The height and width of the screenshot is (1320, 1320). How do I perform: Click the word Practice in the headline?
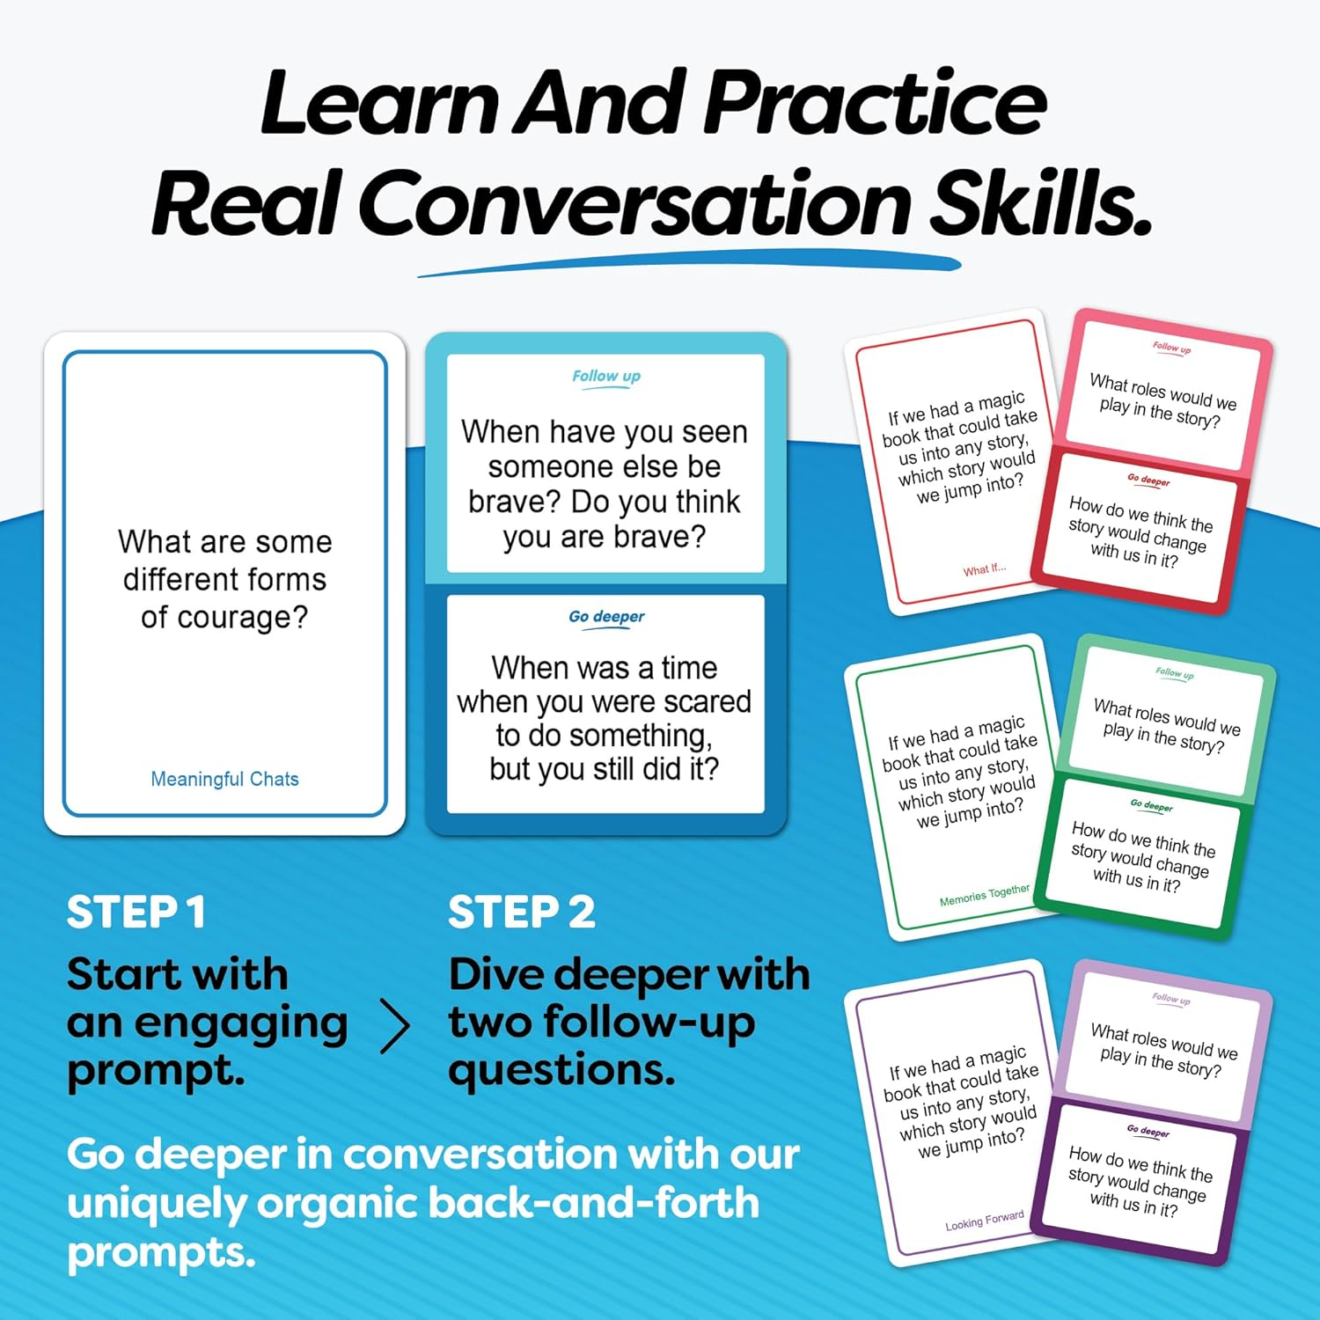(x=876, y=104)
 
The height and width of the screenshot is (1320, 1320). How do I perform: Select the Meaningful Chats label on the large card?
(x=224, y=779)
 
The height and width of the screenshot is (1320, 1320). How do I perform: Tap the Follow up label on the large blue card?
(x=606, y=377)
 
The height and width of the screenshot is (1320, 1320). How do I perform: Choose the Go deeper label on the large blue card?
(x=606, y=617)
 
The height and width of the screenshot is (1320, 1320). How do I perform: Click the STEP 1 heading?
(x=136, y=913)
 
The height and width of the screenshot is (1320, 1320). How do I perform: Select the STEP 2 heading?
(x=521, y=913)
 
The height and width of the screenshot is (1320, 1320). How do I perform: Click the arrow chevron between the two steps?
(x=395, y=1027)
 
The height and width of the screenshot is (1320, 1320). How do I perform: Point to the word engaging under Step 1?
(x=240, y=1023)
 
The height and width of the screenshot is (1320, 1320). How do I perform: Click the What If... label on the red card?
(x=984, y=569)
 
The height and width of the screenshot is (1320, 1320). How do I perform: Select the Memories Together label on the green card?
(x=984, y=895)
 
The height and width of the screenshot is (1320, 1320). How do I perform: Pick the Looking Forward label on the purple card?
(x=984, y=1221)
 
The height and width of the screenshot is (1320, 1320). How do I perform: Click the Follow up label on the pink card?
(x=1171, y=348)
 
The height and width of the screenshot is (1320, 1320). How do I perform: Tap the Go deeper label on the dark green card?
(x=1151, y=805)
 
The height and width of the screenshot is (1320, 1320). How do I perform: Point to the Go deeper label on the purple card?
(x=1148, y=1131)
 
